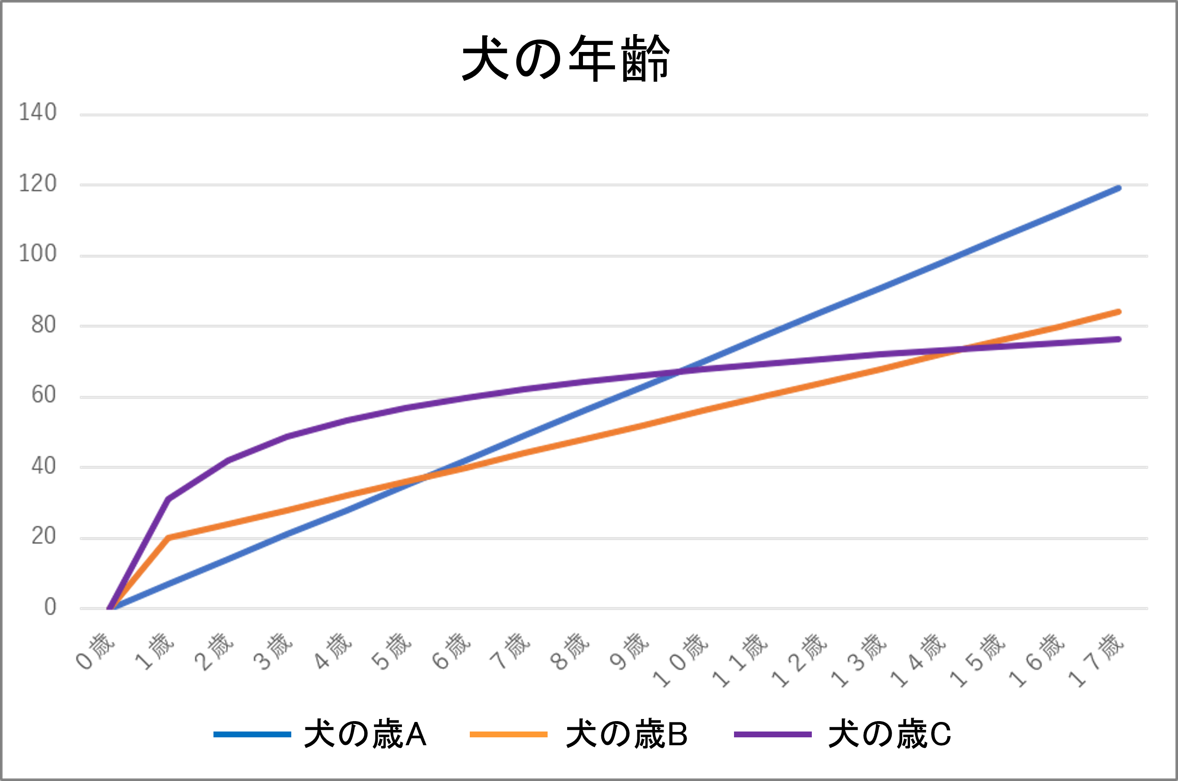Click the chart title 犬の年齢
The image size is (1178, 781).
pyautogui.click(x=566, y=58)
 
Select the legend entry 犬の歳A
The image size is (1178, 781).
pyautogui.click(x=365, y=734)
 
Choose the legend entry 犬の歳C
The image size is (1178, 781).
pyautogui.click(x=890, y=734)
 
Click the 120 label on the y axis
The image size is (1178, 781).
pyautogui.click(x=38, y=184)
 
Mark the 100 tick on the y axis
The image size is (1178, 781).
pyautogui.click(x=38, y=254)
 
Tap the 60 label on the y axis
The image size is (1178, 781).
pyautogui.click(x=44, y=395)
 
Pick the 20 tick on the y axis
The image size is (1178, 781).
pyautogui.click(x=44, y=536)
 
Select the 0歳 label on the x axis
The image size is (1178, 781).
pyautogui.click(x=96, y=651)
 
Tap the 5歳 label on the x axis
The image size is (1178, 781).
pyautogui.click(x=392, y=651)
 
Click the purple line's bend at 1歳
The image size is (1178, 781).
pyautogui.click(x=169, y=498)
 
